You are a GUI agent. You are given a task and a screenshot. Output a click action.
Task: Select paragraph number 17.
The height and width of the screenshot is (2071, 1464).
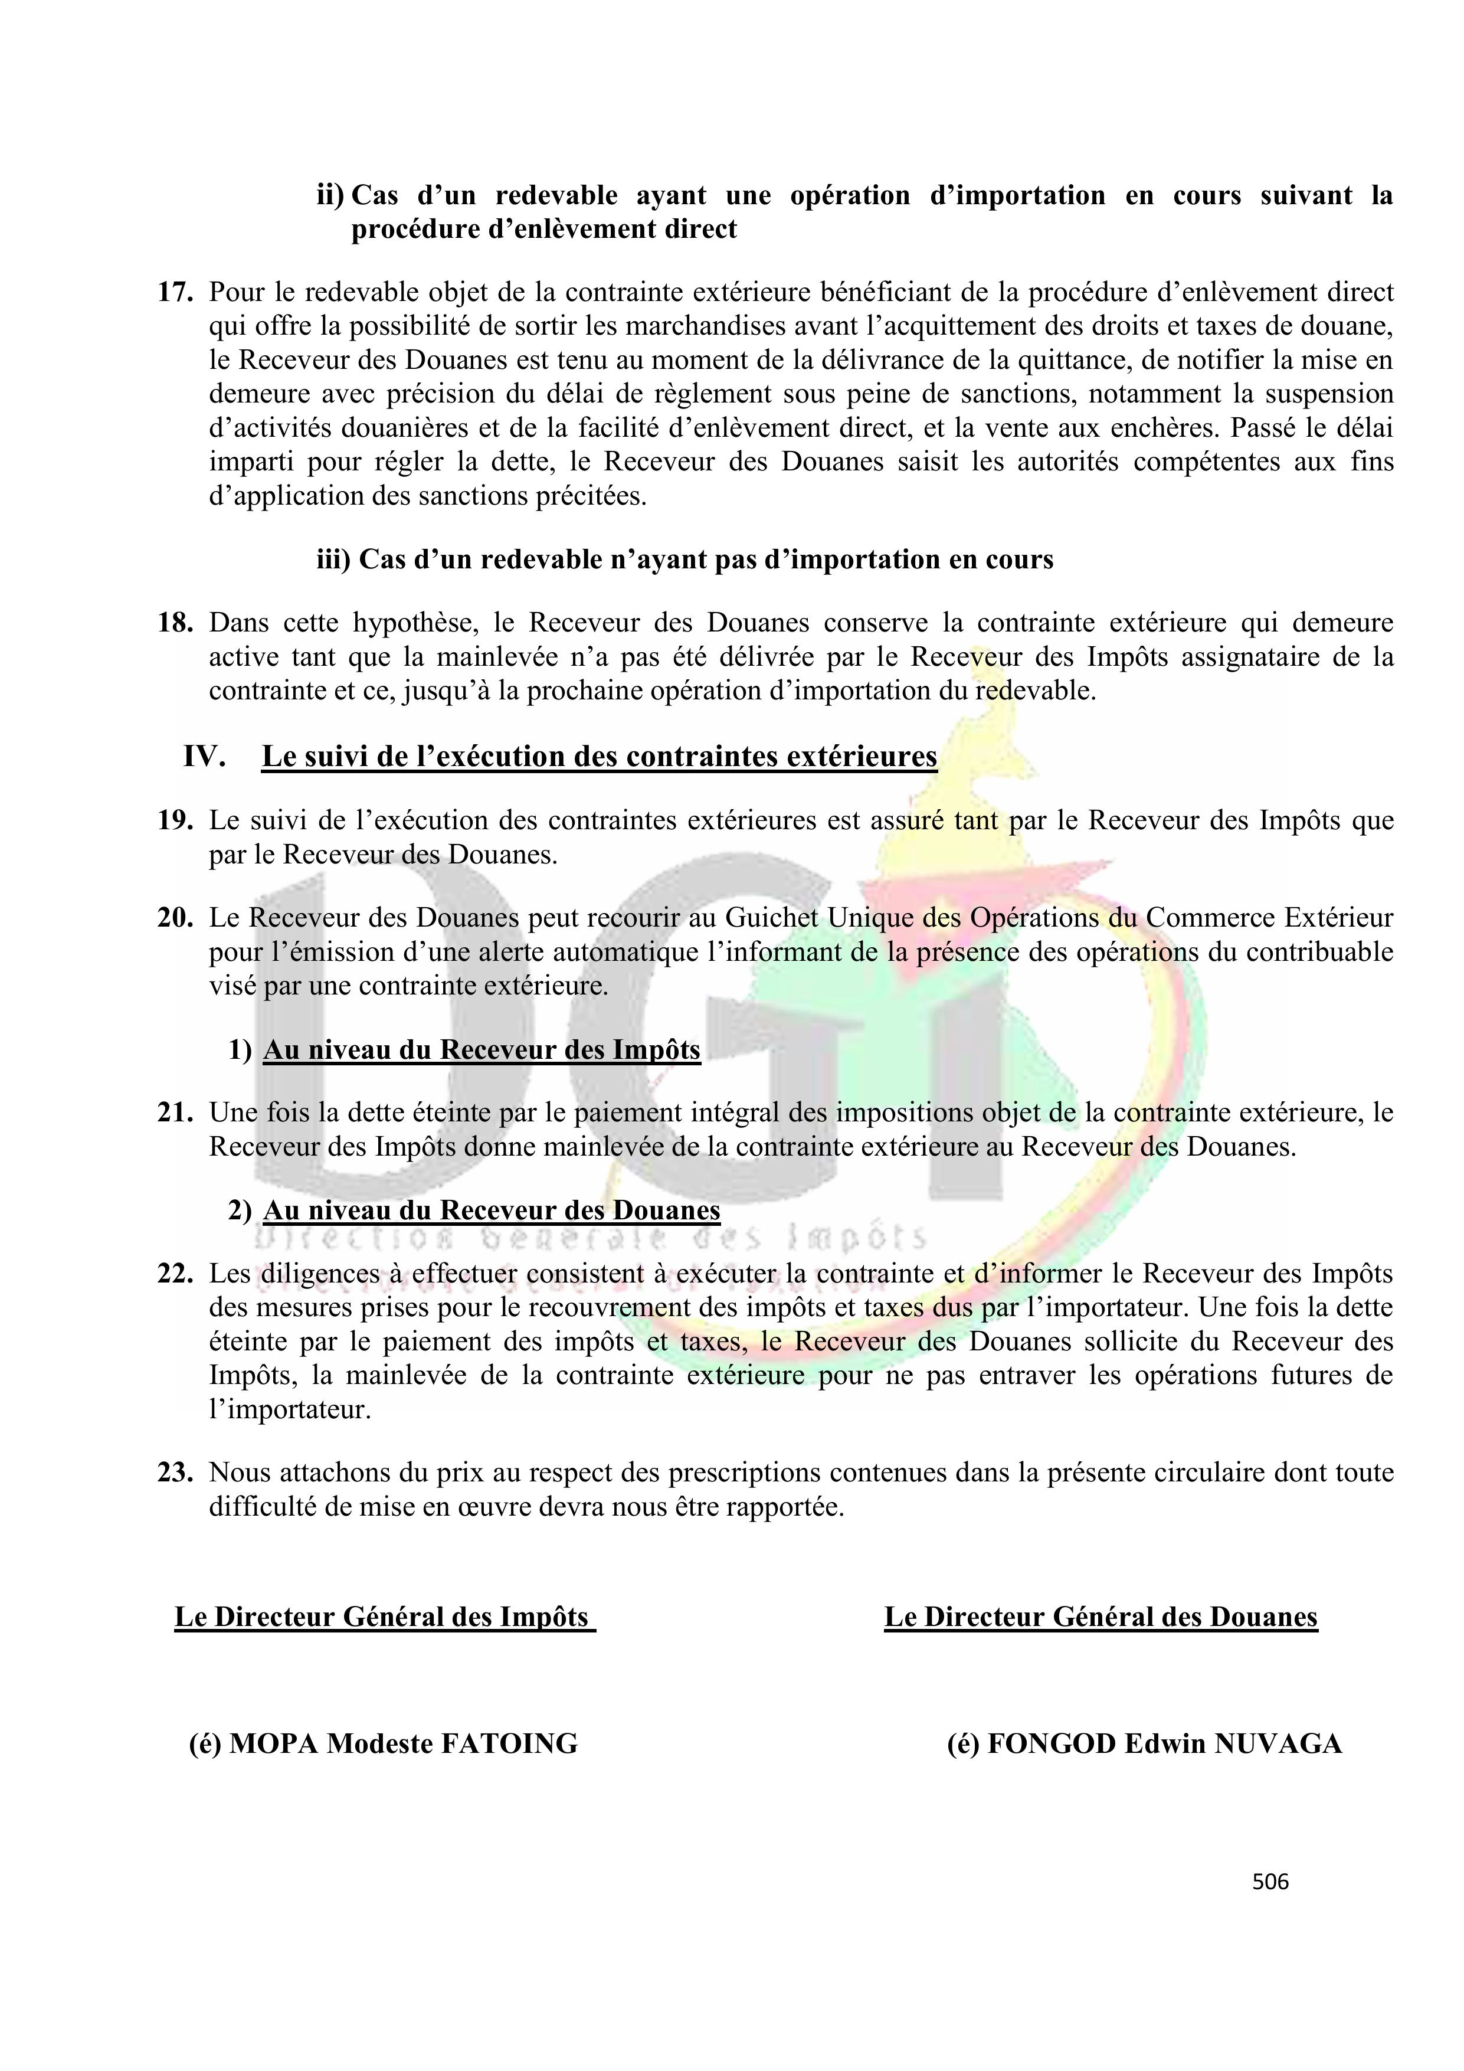(175, 292)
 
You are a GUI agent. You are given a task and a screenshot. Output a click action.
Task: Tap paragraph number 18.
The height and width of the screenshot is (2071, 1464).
(175, 623)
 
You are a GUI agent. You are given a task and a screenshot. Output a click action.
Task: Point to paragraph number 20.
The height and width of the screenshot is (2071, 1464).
(175, 918)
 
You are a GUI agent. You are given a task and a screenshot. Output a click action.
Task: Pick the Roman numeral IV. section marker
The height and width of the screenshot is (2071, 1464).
(204, 756)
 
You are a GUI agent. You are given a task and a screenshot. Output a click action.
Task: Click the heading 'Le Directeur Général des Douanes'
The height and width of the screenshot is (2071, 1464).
(1101, 1617)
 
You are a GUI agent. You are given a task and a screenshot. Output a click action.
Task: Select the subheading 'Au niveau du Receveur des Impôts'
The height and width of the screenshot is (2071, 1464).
(482, 1050)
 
